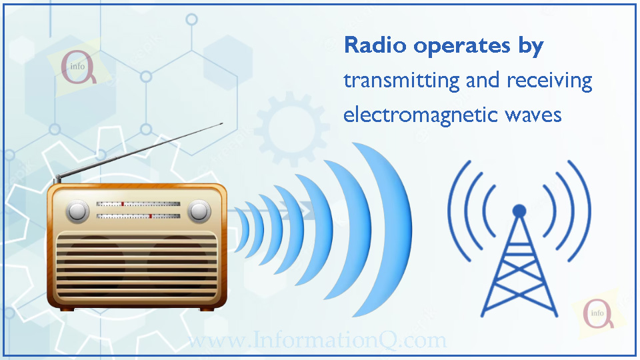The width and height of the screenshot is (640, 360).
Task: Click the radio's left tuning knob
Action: coord(77,211)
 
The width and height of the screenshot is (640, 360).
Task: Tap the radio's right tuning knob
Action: coord(198,211)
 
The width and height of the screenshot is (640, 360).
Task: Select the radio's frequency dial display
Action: coord(138,210)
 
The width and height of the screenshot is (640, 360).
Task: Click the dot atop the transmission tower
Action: coord(519,211)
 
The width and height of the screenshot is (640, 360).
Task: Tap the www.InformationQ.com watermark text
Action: coord(317,341)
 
